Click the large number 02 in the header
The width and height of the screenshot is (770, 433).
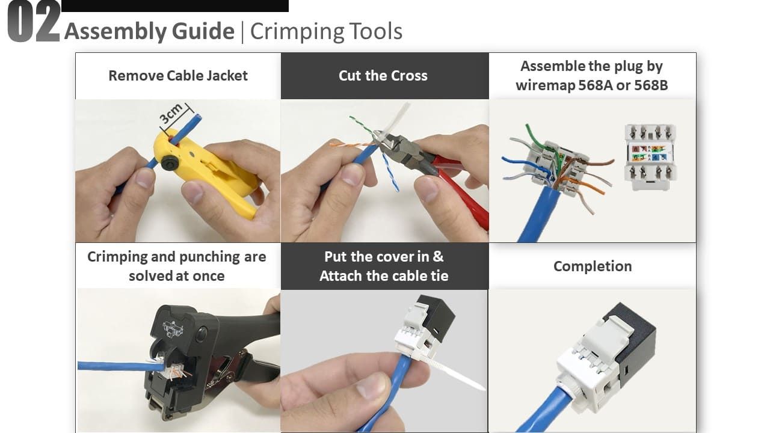point(34,22)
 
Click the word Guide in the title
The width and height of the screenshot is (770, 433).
point(203,31)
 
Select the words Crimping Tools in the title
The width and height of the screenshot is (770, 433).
point(326,32)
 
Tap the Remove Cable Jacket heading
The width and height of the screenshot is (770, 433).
point(178,76)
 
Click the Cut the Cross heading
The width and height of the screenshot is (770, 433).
point(383,76)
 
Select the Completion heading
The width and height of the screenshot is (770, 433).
point(593,266)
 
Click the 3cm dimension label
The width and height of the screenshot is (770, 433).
point(171,114)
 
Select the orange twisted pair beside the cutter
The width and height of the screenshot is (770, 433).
point(351,144)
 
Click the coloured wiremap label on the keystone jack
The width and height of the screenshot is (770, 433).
point(649,153)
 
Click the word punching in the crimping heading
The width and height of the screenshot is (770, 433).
point(210,257)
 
